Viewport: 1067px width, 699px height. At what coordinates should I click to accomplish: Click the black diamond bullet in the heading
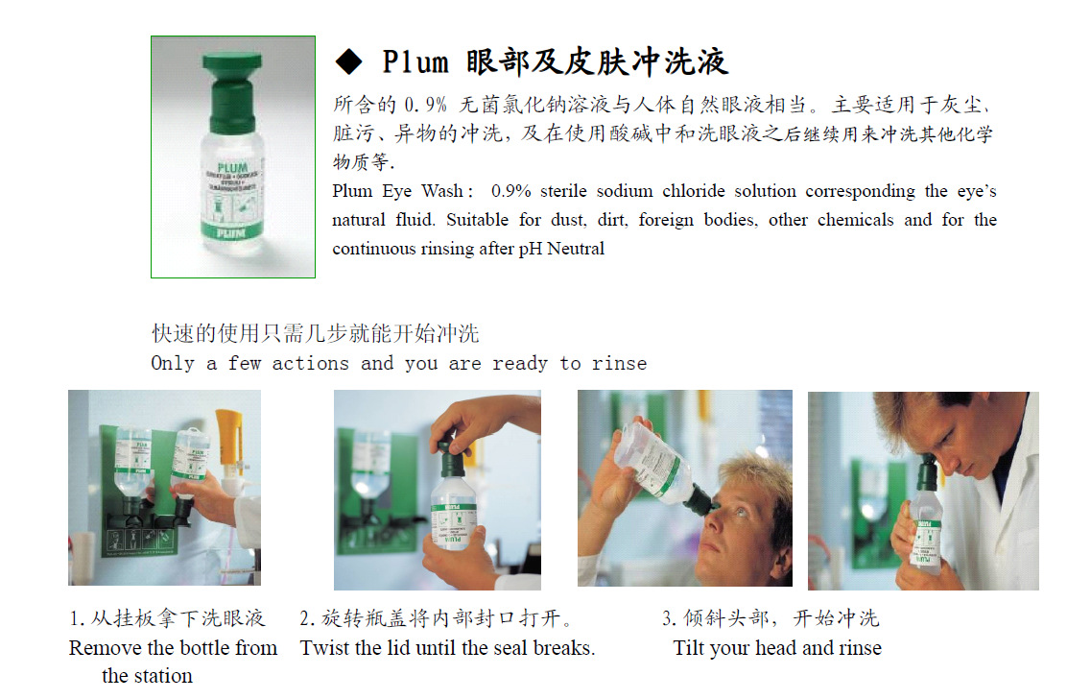[349, 62]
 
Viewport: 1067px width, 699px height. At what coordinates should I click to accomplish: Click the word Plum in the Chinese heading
[415, 62]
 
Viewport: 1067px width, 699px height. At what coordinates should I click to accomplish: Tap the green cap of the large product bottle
[232, 89]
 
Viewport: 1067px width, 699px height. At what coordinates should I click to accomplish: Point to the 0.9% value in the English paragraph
[510, 191]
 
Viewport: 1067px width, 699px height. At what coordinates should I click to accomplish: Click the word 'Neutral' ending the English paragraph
[576, 249]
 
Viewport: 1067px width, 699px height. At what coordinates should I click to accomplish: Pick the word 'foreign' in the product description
[666, 221]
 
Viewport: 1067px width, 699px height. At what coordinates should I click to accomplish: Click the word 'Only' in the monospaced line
[173, 364]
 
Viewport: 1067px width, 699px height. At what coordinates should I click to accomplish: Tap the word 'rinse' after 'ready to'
[619, 364]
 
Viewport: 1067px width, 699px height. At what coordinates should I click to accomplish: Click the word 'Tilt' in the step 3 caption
[688, 648]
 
